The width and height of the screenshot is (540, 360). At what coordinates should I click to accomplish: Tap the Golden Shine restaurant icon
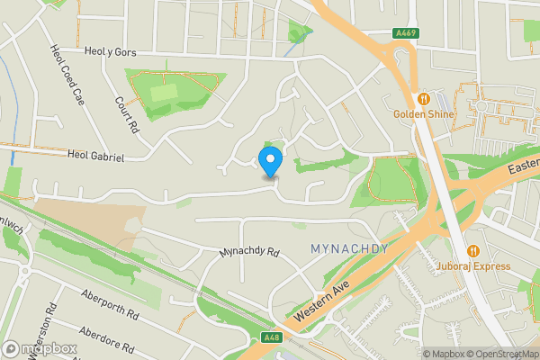(422, 97)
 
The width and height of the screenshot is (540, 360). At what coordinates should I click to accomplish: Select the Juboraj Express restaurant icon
(472, 250)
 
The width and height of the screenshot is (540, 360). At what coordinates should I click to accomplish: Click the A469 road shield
(405, 33)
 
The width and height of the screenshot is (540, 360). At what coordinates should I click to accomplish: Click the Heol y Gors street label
(110, 53)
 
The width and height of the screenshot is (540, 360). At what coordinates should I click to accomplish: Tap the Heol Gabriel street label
(95, 156)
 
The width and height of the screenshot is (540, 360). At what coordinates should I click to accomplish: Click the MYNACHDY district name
(348, 248)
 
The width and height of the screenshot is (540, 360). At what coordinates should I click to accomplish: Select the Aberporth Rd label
(110, 310)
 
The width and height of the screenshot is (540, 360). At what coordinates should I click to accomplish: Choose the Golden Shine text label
(422, 114)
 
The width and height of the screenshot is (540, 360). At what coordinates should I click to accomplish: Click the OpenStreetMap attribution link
(503, 354)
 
